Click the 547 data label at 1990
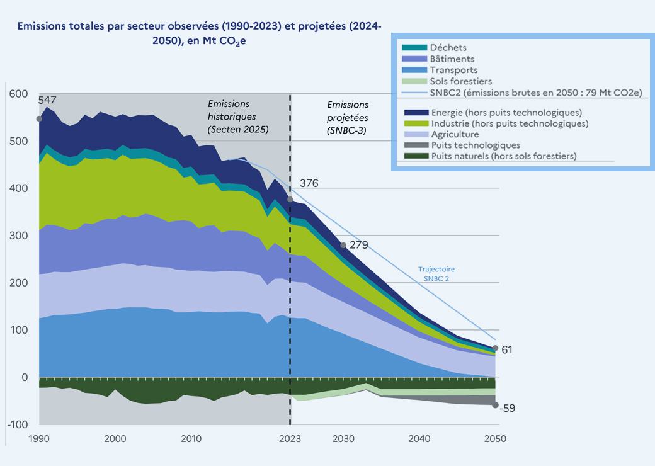[x=47, y=100]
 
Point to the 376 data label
[x=309, y=183]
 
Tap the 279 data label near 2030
[x=358, y=245]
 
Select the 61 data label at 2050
[x=507, y=349]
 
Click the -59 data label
[x=508, y=408]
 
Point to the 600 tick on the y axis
[x=19, y=94]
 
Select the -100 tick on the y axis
[x=17, y=424]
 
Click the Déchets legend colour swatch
[x=414, y=48]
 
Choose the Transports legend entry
[x=453, y=70]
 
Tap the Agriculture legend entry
[x=455, y=134]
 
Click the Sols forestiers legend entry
[x=460, y=81]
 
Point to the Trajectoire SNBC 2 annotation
[x=436, y=273]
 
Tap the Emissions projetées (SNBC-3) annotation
[x=348, y=117]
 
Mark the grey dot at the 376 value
[x=290, y=199]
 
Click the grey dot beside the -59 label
[x=495, y=405]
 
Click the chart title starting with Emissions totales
[x=199, y=33]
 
